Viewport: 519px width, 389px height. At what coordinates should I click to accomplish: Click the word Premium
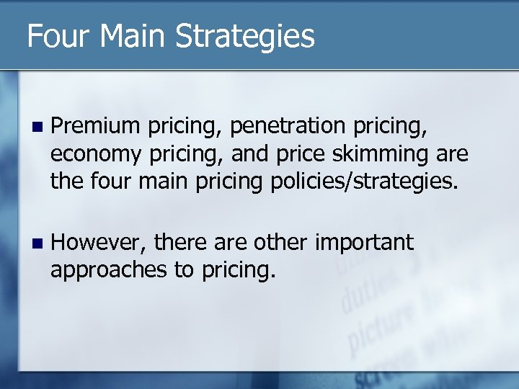pos(96,127)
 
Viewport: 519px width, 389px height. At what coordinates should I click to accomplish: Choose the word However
pos(100,243)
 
